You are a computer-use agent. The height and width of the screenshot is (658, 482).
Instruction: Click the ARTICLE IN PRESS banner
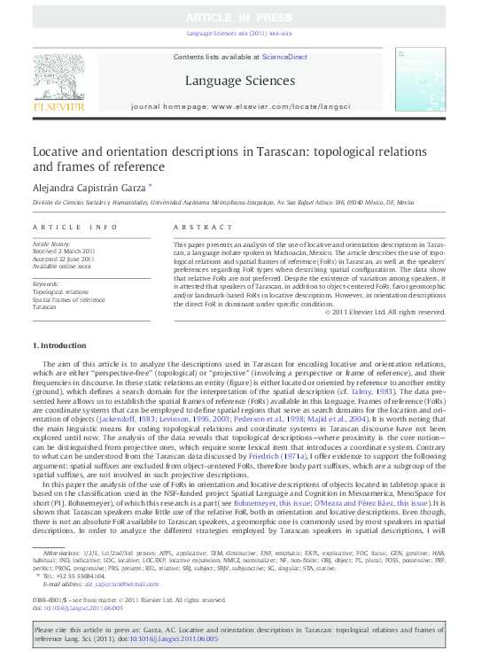(x=240, y=18)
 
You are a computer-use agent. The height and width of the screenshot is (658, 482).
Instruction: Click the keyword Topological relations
(x=60, y=291)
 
